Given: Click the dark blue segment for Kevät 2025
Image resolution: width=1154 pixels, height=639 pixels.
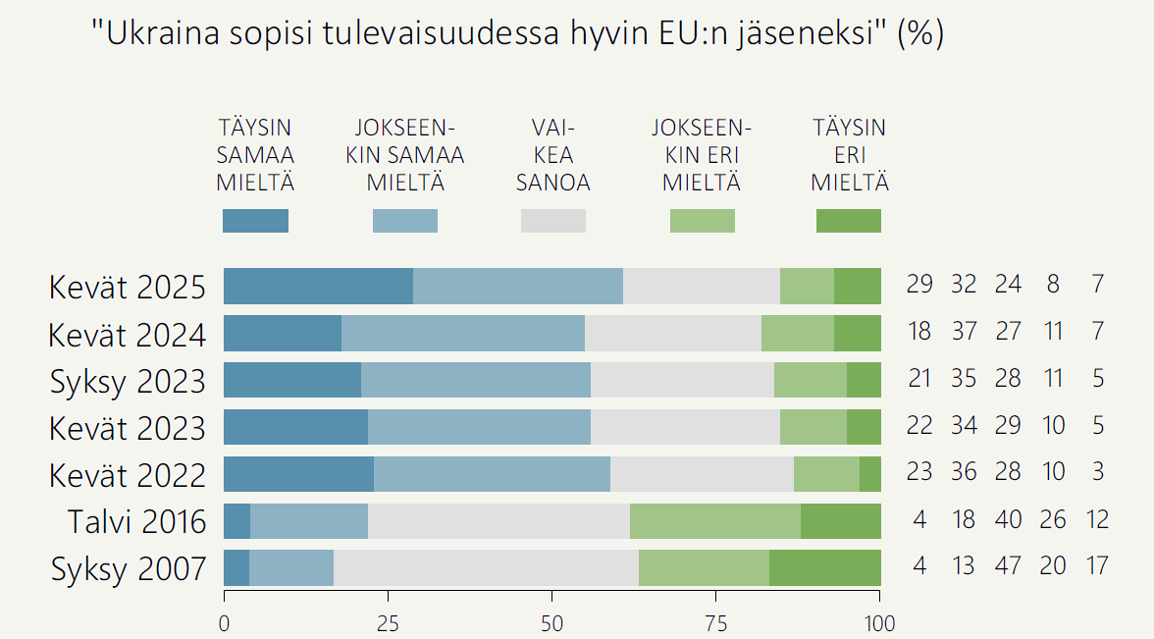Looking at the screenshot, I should coord(318,286).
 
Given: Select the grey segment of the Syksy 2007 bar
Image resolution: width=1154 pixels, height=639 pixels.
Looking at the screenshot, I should coord(486,568).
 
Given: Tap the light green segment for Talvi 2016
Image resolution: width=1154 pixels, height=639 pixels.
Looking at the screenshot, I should coord(714,521).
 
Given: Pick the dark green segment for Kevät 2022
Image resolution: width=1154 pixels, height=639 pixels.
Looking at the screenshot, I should coord(869,474).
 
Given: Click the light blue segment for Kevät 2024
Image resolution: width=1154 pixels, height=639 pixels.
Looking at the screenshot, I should coord(462,333).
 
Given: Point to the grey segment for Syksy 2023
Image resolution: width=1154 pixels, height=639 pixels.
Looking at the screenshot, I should coord(682,380).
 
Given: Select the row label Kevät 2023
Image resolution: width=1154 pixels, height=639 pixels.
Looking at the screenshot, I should coord(128,428).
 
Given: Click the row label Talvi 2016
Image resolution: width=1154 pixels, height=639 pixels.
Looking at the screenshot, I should coord(136,521).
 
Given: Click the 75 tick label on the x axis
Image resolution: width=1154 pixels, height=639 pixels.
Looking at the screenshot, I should coord(716,623).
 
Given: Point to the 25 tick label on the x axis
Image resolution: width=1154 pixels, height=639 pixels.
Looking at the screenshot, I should coord(388,623).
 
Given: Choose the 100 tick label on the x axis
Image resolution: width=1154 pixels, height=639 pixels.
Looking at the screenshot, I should coord(879,623).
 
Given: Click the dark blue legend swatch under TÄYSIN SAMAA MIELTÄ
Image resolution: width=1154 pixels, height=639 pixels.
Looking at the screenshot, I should coord(255,221).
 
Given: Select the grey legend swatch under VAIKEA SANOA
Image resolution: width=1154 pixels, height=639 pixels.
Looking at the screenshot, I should coord(552,221).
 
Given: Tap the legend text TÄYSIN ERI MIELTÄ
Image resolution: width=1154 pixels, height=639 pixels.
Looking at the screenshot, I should coord(849,155).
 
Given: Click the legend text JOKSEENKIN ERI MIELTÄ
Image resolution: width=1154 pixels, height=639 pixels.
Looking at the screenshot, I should coord(702,155).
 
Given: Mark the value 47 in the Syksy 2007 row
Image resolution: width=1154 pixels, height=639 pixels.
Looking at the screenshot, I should coord(1009,566).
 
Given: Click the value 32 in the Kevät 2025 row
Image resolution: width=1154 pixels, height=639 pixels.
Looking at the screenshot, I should coord(964,285).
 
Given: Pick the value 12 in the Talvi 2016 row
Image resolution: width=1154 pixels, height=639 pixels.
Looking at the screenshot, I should coord(1096,519).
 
